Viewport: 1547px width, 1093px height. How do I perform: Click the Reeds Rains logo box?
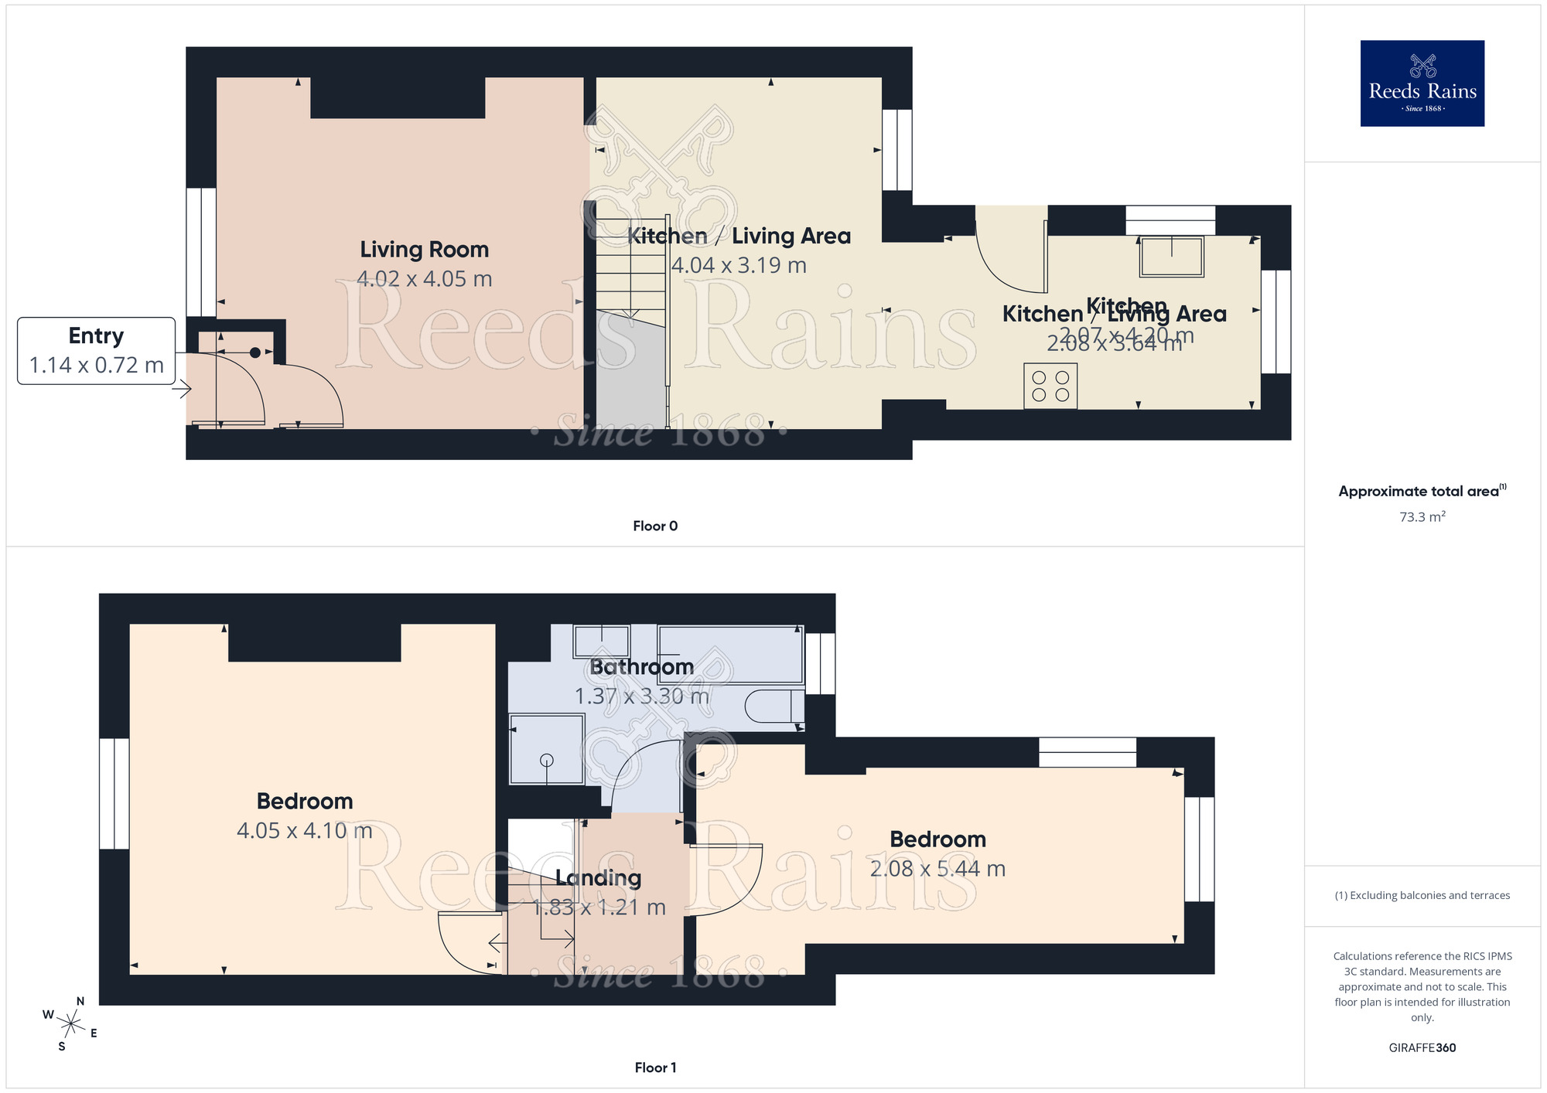(1422, 83)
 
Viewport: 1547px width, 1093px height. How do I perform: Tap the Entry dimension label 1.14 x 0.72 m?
(96, 365)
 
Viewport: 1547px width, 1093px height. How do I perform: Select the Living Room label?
(424, 250)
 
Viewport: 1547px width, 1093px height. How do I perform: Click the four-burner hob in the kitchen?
(1050, 386)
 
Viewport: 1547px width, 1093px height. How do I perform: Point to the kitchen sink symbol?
(1171, 257)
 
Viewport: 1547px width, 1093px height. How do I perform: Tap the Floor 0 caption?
(655, 526)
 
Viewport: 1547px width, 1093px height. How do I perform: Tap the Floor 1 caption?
(655, 1067)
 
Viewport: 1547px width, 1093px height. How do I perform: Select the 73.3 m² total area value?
(1422, 516)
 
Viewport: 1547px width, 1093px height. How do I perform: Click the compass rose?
(70, 1025)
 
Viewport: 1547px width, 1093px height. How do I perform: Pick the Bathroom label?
(641, 667)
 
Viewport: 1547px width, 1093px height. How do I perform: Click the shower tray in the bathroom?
(547, 749)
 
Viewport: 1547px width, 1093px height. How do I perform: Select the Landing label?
(598, 878)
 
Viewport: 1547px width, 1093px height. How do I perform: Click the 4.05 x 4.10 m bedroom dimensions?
(305, 831)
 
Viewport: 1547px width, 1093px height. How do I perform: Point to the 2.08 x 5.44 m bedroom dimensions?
(937, 869)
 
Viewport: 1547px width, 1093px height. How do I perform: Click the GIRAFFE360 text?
(1422, 1048)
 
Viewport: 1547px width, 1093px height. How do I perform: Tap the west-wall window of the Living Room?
(201, 252)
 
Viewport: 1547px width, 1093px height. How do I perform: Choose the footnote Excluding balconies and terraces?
(1422, 895)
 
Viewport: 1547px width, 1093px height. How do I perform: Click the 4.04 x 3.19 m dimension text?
(739, 265)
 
